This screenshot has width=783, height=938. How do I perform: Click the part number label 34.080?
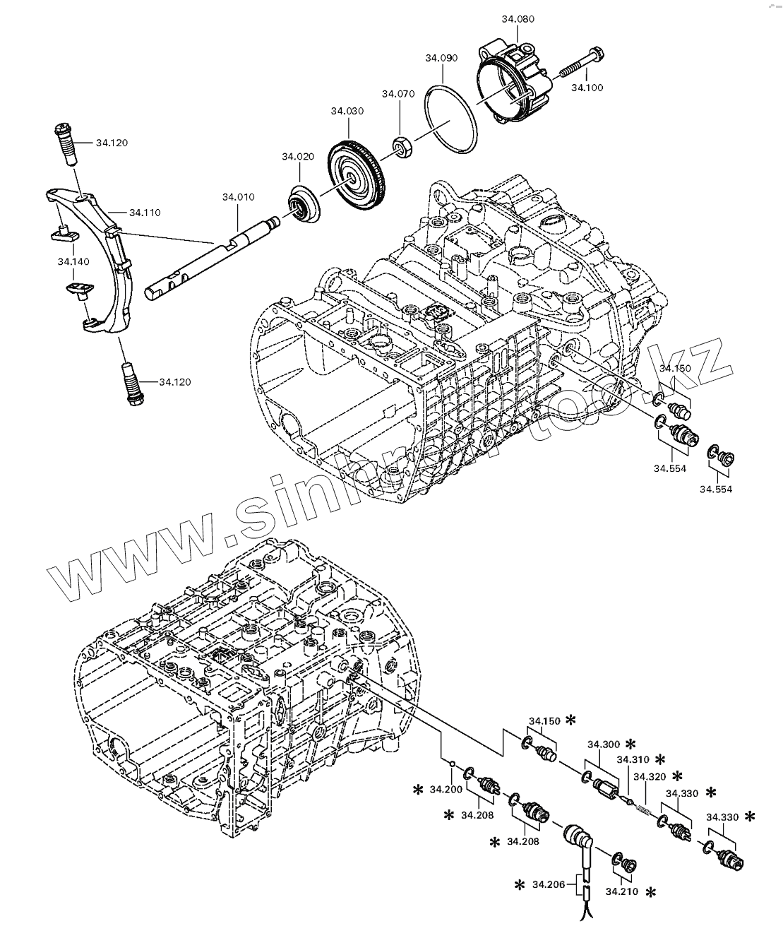[x=518, y=19]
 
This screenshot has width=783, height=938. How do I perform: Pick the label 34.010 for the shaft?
[x=238, y=196]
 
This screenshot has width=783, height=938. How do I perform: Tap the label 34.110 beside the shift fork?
[x=145, y=212]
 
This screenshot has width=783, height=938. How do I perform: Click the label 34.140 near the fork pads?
[x=73, y=261]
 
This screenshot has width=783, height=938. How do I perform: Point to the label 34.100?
[x=587, y=88]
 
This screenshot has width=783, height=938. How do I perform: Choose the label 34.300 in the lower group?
[x=602, y=744]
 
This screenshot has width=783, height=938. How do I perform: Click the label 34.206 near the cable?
[x=548, y=884]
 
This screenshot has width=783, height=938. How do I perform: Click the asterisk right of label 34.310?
[x=659, y=760]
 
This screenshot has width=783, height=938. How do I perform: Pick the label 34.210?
[x=621, y=891]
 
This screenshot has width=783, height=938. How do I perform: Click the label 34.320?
[x=649, y=776]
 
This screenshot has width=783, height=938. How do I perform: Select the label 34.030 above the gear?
[x=347, y=111]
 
